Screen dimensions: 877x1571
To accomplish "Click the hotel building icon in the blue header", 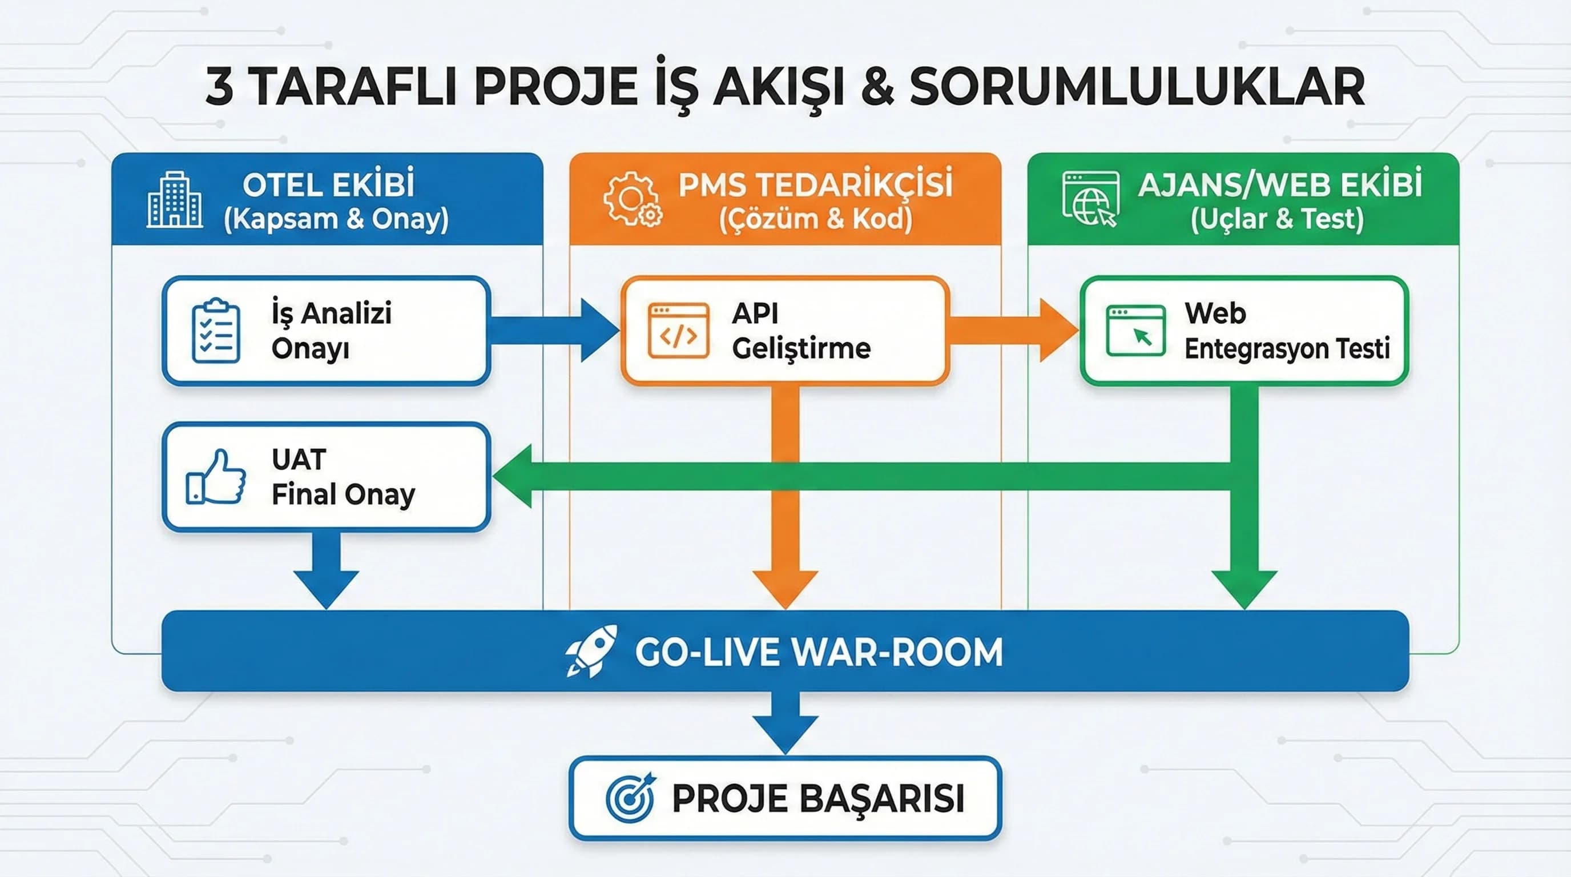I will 175,199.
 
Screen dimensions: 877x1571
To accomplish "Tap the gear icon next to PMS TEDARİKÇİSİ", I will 632,199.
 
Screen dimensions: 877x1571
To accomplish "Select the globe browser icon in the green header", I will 1090,199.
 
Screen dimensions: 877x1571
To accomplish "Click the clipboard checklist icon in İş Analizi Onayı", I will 215,331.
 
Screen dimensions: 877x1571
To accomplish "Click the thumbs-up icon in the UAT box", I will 216,477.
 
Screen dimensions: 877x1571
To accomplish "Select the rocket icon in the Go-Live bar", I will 590,651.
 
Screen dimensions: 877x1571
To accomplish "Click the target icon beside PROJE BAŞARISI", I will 630,798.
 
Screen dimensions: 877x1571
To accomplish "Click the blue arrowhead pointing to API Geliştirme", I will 598,331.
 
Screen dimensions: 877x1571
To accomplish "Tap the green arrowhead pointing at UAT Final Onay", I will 514,476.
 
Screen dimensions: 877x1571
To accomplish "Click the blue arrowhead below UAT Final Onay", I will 327,588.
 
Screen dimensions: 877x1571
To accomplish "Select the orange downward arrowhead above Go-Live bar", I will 785,588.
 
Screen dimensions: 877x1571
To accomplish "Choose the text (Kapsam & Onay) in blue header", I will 336,219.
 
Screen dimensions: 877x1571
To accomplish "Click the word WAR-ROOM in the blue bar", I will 900,653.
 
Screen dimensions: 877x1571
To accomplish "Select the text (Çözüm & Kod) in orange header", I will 815,219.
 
